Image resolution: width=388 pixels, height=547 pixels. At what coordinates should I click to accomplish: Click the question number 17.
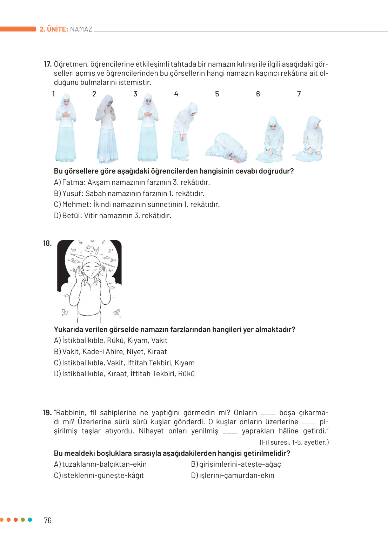pyautogui.click(x=47, y=64)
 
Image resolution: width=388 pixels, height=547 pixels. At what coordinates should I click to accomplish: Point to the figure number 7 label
pyautogui.click(x=299, y=94)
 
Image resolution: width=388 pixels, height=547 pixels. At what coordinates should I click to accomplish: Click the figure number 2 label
pyautogui.click(x=94, y=94)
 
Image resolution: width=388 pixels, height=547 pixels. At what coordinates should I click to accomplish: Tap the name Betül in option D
pyautogui.click(x=72, y=216)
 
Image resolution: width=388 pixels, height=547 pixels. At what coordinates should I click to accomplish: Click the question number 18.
pyautogui.click(x=47, y=243)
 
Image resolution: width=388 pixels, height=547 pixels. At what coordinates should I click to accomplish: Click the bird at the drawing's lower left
pyautogui.click(x=65, y=312)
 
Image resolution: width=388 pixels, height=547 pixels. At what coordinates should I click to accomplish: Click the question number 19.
pyautogui.click(x=47, y=413)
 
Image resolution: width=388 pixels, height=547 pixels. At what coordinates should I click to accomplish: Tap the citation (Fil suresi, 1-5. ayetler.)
pyautogui.click(x=294, y=443)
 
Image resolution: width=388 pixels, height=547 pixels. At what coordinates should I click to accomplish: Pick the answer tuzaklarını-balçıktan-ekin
pyautogui.click(x=104, y=464)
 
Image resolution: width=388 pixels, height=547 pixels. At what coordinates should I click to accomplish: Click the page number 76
pyautogui.click(x=48, y=520)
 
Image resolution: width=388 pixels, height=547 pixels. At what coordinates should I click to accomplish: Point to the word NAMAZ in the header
pyautogui.click(x=81, y=29)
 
